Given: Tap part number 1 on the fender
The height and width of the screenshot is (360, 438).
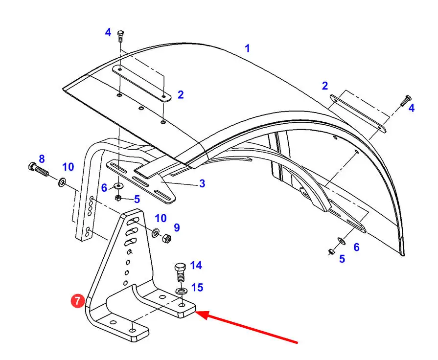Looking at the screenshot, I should click(248, 48).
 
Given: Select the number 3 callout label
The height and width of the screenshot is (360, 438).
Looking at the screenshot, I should click(202, 184).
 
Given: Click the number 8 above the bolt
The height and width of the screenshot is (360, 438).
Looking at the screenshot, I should click(42, 158).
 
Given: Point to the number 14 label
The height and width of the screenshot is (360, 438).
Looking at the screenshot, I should click(196, 266).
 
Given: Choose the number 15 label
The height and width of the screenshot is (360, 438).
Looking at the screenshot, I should click(197, 288).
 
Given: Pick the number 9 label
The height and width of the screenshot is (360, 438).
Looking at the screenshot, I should click(177, 227).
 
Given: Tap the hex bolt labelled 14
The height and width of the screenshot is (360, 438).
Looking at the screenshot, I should click(179, 272).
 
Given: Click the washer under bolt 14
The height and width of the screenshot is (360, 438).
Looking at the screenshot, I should click(180, 292).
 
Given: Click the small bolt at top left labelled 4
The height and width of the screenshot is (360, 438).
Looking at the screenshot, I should click(120, 36).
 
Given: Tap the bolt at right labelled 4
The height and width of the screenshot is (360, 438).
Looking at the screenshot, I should click(404, 102).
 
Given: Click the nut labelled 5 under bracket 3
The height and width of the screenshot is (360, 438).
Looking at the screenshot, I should click(118, 198).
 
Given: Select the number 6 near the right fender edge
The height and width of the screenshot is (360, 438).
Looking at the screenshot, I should click(356, 247).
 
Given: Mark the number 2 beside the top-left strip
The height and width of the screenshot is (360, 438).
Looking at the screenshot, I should click(181, 94).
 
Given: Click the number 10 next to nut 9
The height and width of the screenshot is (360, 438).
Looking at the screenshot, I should click(161, 218).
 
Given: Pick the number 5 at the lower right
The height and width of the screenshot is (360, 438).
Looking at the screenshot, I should click(342, 259).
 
